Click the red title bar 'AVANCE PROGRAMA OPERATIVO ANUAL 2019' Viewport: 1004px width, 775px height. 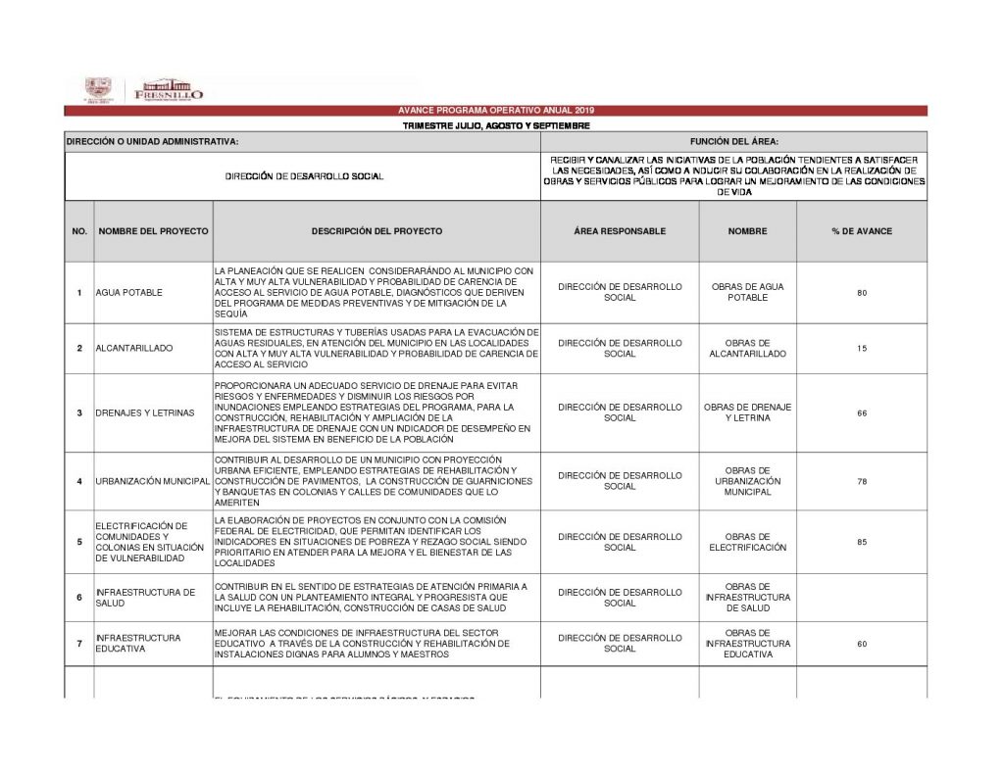(x=495, y=111)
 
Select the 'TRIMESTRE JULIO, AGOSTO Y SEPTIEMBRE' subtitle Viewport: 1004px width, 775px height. (x=495, y=126)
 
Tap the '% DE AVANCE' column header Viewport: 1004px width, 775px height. (x=861, y=231)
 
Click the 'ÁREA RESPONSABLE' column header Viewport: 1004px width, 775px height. (x=620, y=231)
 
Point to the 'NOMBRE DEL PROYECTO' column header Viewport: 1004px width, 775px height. (x=153, y=231)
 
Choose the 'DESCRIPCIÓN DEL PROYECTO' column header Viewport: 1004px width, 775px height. (x=376, y=231)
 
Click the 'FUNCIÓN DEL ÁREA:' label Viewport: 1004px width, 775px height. (x=733, y=142)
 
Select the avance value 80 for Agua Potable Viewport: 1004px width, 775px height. (x=861, y=293)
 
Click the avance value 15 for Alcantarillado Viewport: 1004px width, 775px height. (x=861, y=349)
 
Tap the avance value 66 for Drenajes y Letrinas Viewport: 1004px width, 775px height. (x=861, y=412)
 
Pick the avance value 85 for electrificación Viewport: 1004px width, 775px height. (x=861, y=542)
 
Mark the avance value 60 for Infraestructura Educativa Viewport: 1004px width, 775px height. (x=861, y=644)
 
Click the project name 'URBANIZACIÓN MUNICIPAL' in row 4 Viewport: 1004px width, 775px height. (x=153, y=482)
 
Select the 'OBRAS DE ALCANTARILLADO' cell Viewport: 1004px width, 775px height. (x=747, y=349)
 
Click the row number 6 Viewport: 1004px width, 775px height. (x=79, y=598)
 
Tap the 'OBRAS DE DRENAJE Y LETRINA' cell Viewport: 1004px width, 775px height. (x=747, y=412)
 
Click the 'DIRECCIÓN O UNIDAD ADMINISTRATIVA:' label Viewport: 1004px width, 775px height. (x=152, y=142)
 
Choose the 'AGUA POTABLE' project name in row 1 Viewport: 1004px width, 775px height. (x=129, y=293)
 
